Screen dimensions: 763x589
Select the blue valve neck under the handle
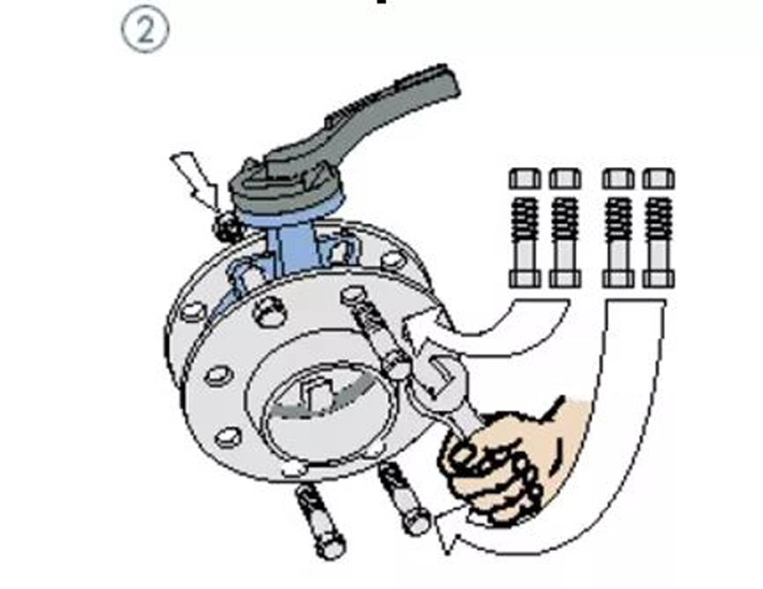pyautogui.click(x=292, y=243)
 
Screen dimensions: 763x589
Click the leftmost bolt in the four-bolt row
pyautogui.click(x=525, y=228)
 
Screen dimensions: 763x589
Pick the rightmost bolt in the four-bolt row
pyautogui.click(x=658, y=228)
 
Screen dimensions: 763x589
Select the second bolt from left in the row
pyautogui.click(x=565, y=228)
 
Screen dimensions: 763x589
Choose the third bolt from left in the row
pyautogui.click(x=618, y=228)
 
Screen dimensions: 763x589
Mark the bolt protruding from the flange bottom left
pyautogui.click(x=320, y=521)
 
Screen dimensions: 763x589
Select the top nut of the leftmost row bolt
pyautogui.click(x=525, y=179)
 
